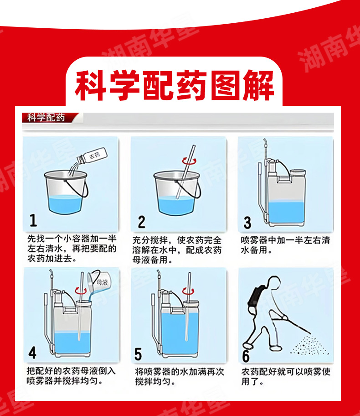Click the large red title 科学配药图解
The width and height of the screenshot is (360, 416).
point(174,85)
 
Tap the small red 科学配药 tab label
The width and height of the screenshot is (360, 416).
point(46,117)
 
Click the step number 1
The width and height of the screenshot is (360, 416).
point(33,220)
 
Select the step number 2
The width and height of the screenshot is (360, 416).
point(142,222)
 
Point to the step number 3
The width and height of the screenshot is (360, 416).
point(247,223)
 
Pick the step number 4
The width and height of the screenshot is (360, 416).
point(32,353)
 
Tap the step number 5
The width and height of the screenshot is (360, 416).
point(138,354)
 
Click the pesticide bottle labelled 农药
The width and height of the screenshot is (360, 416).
point(92,156)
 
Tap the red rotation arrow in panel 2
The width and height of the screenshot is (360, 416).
point(189,161)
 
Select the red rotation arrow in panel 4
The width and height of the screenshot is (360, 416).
point(81,291)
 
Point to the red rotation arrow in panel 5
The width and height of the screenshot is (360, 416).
point(188,291)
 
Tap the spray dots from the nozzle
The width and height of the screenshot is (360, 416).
point(309,345)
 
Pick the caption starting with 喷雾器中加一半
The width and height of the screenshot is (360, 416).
point(285,245)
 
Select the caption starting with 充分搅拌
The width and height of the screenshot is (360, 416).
point(177,250)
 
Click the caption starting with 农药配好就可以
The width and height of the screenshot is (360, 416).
point(286,376)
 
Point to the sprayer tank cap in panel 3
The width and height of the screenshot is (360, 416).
point(298,172)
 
